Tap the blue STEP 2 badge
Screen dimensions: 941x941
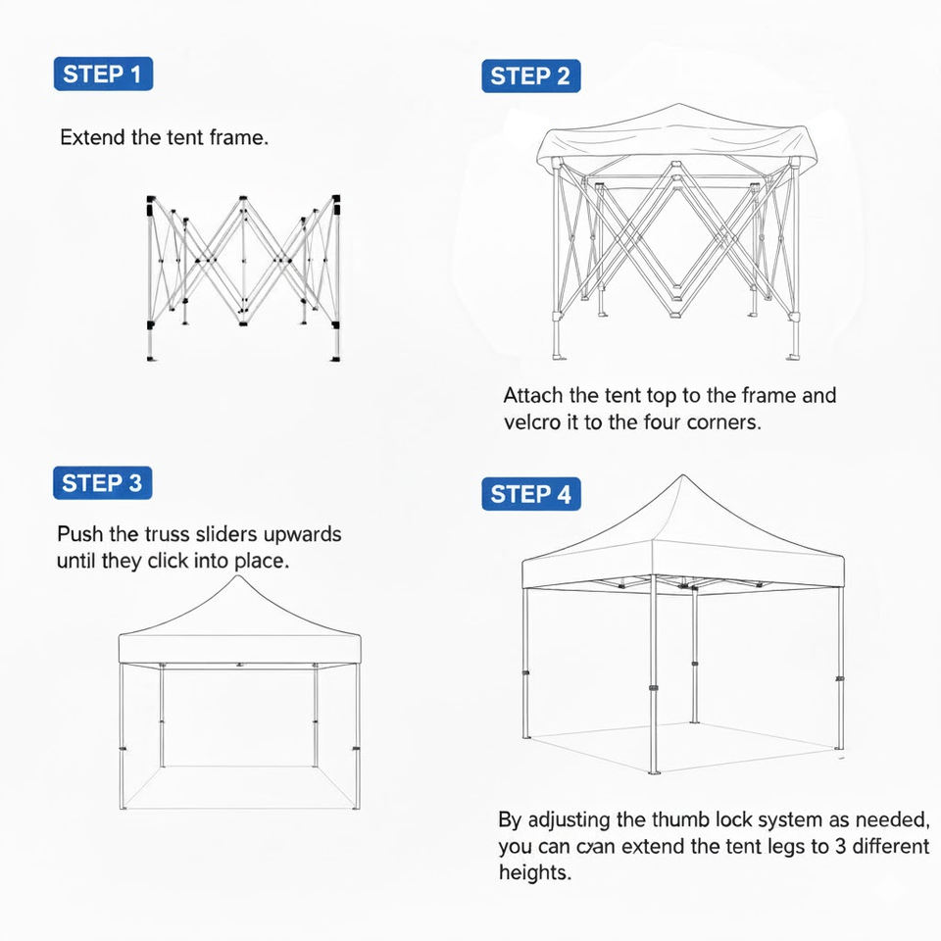coord(530,76)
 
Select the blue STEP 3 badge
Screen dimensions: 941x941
coord(103,483)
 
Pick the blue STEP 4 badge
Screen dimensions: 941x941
coord(530,494)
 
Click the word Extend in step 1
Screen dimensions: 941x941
coord(92,137)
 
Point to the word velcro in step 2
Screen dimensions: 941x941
coord(532,423)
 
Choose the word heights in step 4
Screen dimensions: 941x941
coord(534,872)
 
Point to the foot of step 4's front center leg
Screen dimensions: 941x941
coord(653,770)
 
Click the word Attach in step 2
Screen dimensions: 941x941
coord(533,396)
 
